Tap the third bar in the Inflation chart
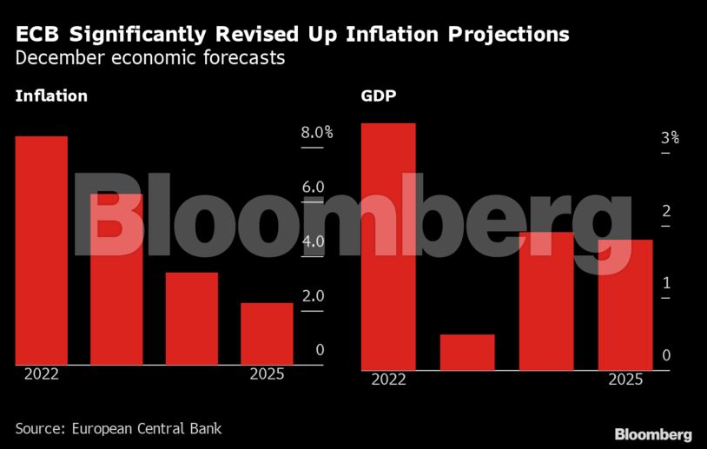point(192,319)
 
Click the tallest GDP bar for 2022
point(388,247)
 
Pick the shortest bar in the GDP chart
point(467,352)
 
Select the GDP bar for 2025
point(625,305)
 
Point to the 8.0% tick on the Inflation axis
point(317,133)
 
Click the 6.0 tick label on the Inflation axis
point(313,188)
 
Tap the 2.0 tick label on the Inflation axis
point(313,296)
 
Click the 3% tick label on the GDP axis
point(670,138)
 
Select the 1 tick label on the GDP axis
point(665,283)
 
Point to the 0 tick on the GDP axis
point(665,355)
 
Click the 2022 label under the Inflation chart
point(41,374)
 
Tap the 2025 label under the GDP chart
point(625,380)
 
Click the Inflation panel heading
point(51,96)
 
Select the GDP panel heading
point(379,96)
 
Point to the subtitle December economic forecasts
point(150,59)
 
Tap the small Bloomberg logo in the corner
point(653,434)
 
